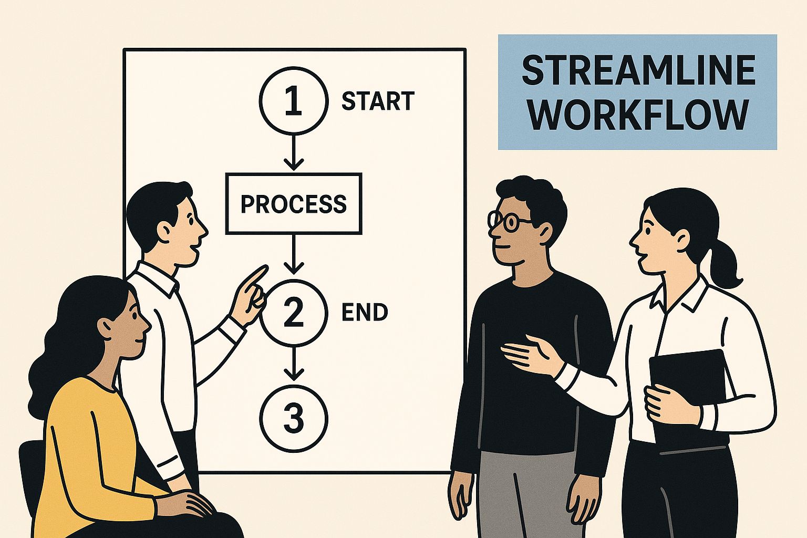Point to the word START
pyautogui.click(x=378, y=101)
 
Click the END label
pyautogui.click(x=364, y=312)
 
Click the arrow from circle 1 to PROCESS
pyautogui.click(x=294, y=152)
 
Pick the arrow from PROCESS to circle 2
pyautogui.click(x=294, y=254)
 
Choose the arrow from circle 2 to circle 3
pyautogui.click(x=294, y=363)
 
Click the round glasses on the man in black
pyautogui.click(x=507, y=220)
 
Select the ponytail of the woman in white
pyautogui.click(x=724, y=260)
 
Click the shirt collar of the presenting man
pyautogui.click(x=155, y=279)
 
